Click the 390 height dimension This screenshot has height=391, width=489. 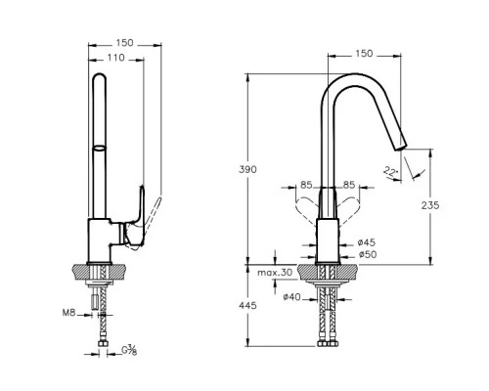pos(247,169)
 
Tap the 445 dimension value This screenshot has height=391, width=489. pos(247,306)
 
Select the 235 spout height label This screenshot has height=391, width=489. pos(430,205)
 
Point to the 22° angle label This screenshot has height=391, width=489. pos(389,171)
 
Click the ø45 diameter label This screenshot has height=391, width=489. pos(367,242)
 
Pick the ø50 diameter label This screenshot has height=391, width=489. pos(367,254)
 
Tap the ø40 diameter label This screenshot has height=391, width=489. pos(291,297)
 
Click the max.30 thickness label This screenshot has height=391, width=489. pos(275,273)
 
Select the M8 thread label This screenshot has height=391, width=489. pos(68,313)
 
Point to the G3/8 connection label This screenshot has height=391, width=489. pos(129,350)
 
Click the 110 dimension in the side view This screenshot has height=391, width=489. pos(116,58)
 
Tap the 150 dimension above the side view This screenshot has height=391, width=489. pos(124,43)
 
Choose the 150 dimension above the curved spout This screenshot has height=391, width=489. pos(364,54)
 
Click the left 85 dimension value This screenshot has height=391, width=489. pos(306,185)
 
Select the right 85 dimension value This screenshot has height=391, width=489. pos(349,185)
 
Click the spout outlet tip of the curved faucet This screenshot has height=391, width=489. pos(401,147)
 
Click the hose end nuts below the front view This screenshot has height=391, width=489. pos(327,344)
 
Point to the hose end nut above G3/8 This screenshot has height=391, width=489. pos(103,344)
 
